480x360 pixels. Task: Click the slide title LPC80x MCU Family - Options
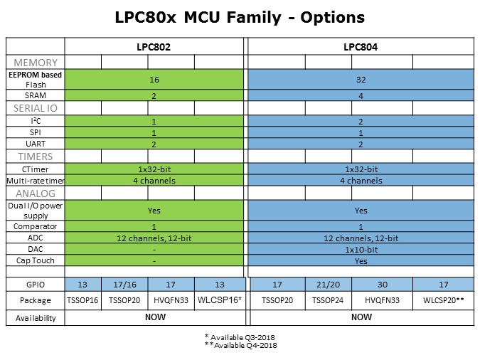click(x=240, y=16)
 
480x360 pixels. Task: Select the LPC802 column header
click(x=154, y=46)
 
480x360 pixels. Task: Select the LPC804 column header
click(x=361, y=46)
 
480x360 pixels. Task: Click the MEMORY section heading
click(x=36, y=63)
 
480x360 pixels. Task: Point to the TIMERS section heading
click(x=36, y=156)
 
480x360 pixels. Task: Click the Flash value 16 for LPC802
click(x=154, y=80)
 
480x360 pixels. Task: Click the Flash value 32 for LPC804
click(x=361, y=80)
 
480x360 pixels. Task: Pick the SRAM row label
click(x=36, y=95)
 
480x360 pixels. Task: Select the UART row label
click(x=36, y=144)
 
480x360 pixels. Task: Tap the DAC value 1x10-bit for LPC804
click(x=361, y=250)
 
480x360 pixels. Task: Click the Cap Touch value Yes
click(x=361, y=261)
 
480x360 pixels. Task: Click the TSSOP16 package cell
click(x=82, y=300)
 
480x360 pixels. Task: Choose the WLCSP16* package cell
click(x=218, y=300)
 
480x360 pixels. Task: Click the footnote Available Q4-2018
click(x=240, y=345)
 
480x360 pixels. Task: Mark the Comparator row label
click(x=36, y=226)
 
